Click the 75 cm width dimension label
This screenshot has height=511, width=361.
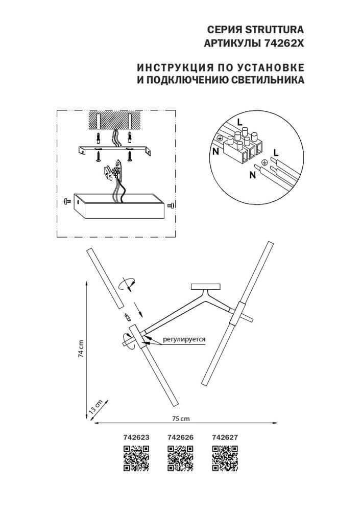(180, 419)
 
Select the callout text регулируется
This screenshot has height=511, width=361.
(184, 339)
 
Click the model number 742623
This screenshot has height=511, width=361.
(136, 437)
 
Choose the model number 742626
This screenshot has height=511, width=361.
(180, 437)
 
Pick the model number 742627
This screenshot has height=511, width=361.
(225, 437)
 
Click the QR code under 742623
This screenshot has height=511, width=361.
(136, 458)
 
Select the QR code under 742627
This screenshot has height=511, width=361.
(225, 458)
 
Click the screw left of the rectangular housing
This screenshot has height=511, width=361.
(66, 202)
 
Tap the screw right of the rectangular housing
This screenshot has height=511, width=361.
(171, 205)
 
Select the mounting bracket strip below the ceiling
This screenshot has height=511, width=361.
(115, 149)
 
